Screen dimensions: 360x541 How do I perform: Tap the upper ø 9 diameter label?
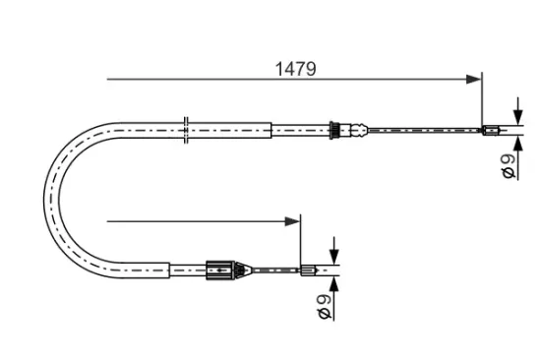pos(507,166)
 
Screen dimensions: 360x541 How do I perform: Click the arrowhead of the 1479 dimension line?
pos(475,78)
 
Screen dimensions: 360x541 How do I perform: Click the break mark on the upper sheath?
pos(185,128)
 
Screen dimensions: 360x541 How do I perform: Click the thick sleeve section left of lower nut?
pos(187,268)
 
